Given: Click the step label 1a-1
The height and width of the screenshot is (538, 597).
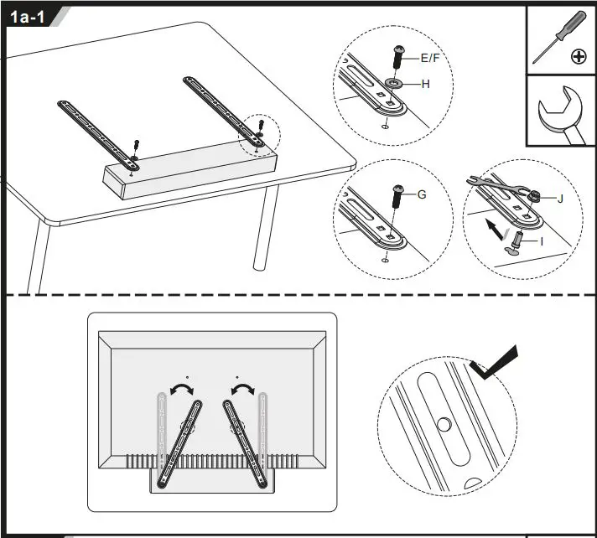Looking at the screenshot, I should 27,18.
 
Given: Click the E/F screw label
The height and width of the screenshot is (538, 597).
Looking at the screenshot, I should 430,58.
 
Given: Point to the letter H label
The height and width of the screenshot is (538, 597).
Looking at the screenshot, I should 425,84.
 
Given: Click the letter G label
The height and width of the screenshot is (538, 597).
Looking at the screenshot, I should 422,194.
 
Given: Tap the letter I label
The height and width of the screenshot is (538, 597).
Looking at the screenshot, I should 542,241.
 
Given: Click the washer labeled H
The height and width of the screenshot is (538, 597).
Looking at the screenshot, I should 394,84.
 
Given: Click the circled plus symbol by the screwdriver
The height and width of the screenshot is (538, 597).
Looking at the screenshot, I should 578,57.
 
